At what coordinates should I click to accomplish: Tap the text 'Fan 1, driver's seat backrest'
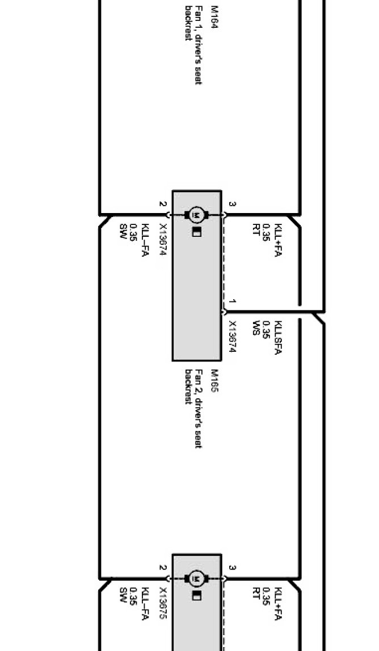(x=193, y=45)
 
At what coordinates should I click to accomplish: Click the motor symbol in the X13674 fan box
(x=196, y=215)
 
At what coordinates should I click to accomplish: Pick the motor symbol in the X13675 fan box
(x=196, y=578)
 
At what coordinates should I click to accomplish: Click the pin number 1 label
(x=233, y=302)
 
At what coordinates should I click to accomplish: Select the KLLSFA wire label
(x=278, y=338)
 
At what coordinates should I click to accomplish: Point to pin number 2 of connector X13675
(x=163, y=568)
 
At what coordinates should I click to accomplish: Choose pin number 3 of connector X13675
(x=233, y=568)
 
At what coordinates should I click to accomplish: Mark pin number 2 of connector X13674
(x=163, y=204)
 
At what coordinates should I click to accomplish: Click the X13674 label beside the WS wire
(x=232, y=338)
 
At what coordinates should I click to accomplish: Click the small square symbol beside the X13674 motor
(x=196, y=232)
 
